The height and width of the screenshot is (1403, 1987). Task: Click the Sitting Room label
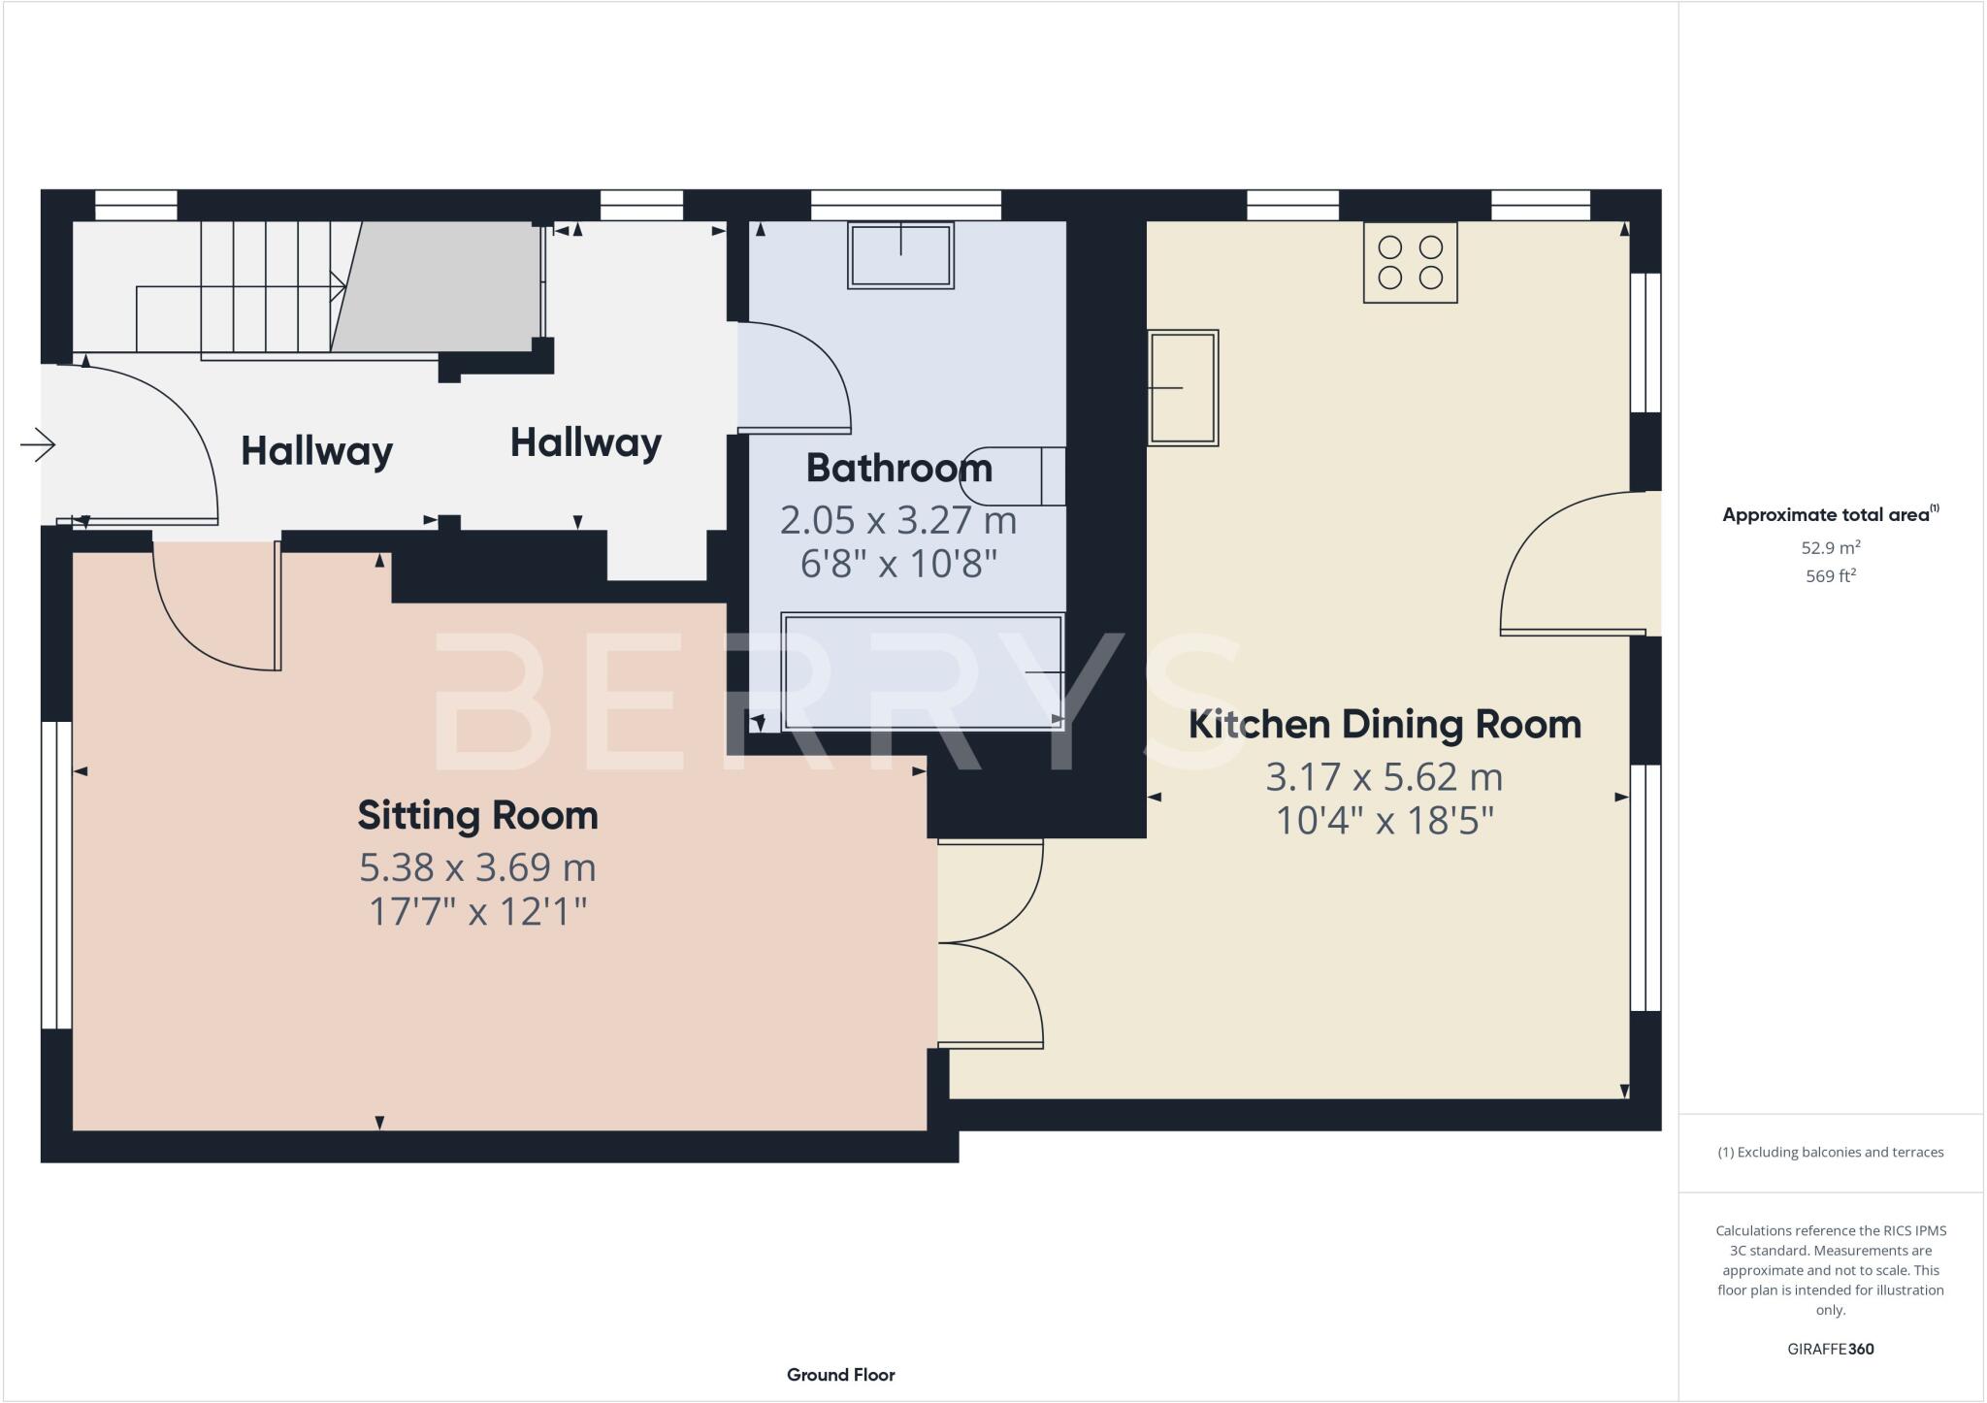477,815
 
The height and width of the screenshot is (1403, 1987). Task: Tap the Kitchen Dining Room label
1384,725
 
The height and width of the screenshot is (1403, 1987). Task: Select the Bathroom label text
898,469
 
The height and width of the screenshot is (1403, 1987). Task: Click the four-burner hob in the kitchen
1410,263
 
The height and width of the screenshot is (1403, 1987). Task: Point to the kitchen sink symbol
1183,387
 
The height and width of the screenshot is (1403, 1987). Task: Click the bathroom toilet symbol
1014,476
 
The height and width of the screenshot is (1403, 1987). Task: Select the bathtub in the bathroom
922,670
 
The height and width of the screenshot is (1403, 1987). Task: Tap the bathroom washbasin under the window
900,255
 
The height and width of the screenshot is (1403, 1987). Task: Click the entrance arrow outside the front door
38,445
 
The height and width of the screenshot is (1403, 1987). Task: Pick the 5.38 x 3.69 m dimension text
477,867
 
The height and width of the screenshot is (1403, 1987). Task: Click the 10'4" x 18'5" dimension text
1384,821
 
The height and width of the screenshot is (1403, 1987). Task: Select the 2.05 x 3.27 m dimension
898,521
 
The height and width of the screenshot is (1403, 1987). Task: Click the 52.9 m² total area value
1830,547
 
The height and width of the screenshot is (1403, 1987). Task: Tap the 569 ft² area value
1830,576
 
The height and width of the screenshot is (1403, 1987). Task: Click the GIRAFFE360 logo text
1830,1349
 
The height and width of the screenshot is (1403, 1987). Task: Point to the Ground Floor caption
840,1375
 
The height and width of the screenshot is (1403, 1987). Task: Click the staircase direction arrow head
340,286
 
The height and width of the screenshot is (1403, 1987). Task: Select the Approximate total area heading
1828,515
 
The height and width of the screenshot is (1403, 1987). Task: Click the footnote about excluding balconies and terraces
1830,1153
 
